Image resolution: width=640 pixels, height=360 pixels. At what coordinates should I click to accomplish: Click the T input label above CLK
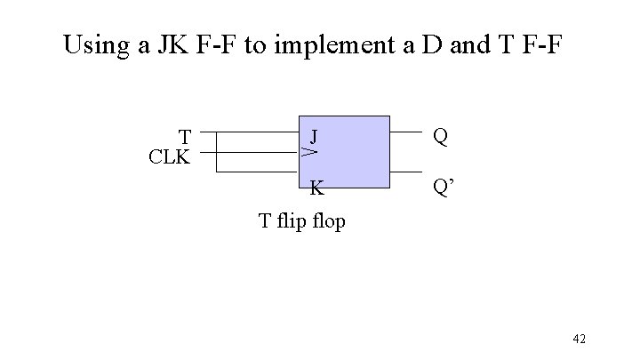coord(185,137)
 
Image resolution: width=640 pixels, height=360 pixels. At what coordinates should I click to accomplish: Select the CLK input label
coord(169,157)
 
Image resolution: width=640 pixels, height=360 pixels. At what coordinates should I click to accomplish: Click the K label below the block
coord(316,188)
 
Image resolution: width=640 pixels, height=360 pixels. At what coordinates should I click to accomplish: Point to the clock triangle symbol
coord(308,153)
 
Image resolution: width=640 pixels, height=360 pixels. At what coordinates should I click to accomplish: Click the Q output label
coord(439,136)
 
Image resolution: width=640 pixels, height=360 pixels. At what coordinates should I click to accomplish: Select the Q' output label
coord(442,188)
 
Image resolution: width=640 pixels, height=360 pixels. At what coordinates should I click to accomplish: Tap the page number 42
coord(580,339)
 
